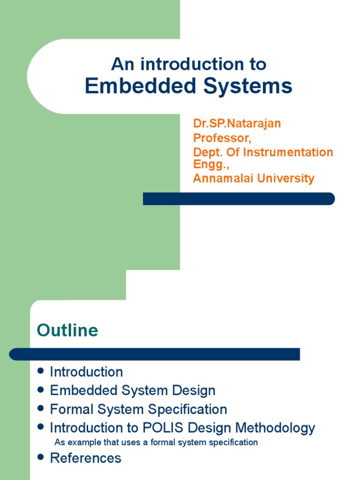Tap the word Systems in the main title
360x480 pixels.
[248, 86]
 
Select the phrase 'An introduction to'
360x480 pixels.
[188, 64]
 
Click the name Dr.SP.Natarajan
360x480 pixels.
[237, 124]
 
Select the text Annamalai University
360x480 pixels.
[254, 179]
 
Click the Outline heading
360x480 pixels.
[67, 330]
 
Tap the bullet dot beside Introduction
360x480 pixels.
[41, 371]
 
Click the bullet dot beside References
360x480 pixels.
[41, 457]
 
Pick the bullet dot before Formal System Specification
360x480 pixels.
[41, 409]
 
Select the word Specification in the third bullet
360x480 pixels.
[187, 409]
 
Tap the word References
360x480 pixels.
[85, 458]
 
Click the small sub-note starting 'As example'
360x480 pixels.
[156, 442]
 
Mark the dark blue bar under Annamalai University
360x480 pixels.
[239, 199]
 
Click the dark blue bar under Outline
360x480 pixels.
[154, 354]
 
